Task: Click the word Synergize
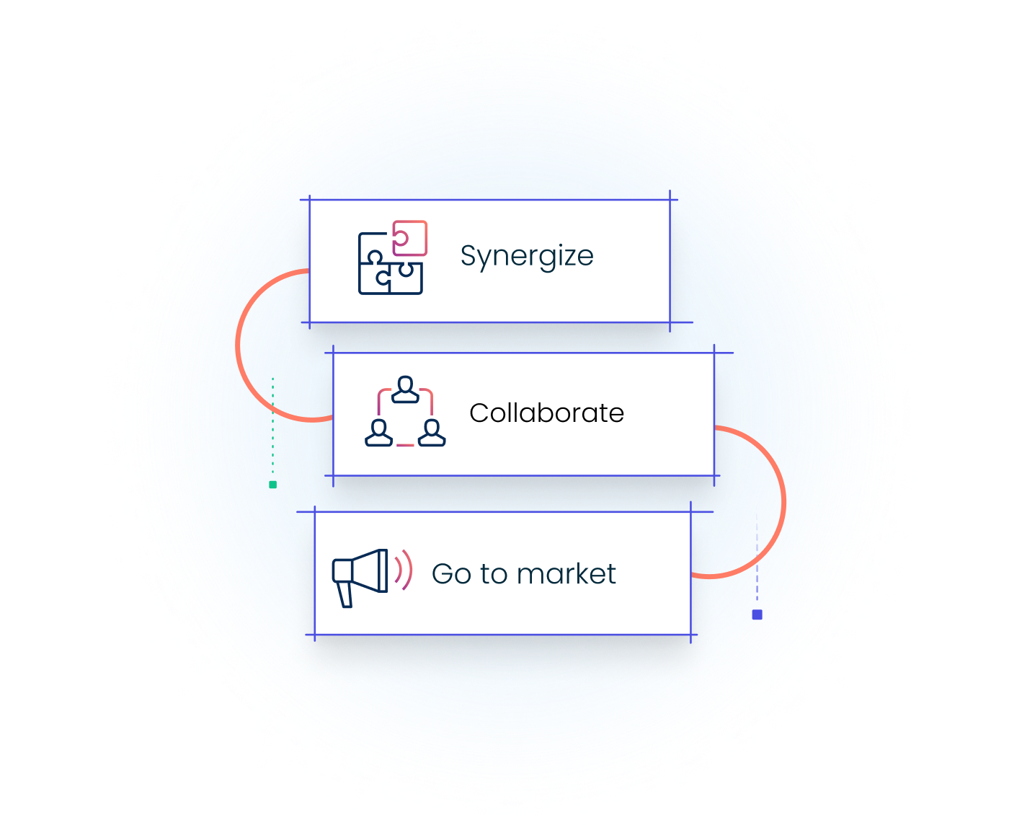527,256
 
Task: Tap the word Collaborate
546,413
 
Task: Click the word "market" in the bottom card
566,574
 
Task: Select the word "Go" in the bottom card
451,574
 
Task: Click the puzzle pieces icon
391,258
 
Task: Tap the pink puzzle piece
411,238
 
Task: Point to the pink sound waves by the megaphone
404,570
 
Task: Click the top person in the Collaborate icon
405,389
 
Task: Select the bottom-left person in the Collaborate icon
379,433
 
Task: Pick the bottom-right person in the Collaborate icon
432,433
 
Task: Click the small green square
272,485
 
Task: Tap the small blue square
757,614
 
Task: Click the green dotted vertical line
272,426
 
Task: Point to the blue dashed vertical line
757,563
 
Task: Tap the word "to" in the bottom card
494,574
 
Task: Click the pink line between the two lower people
405,445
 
